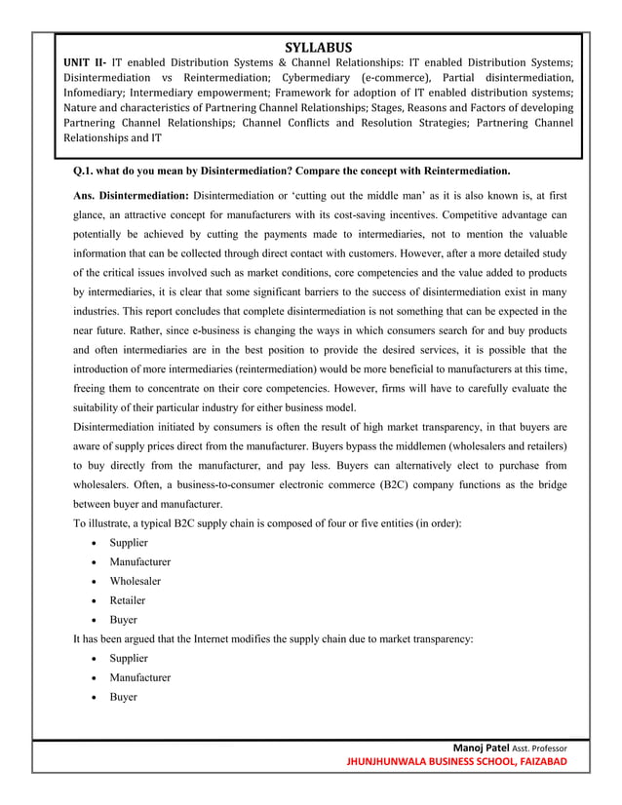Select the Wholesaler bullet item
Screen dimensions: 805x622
point(136,581)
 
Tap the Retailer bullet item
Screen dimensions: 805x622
point(128,600)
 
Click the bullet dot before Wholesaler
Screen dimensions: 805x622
point(92,581)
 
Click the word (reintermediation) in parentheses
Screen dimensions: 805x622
point(263,369)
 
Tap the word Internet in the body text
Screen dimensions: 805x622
point(214,638)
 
